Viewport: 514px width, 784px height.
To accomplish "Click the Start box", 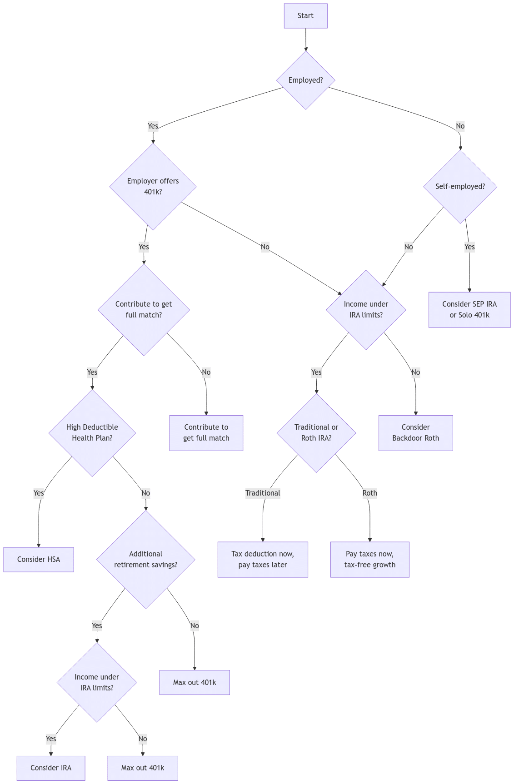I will pos(305,16).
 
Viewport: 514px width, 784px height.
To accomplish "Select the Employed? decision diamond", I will pos(305,80).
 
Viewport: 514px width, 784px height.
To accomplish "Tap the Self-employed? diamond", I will pos(460,186).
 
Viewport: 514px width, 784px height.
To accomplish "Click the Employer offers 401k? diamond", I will pos(153,186).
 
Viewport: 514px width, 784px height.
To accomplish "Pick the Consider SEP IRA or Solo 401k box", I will pos(469,309).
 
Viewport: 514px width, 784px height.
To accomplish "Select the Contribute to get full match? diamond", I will pos(144,309).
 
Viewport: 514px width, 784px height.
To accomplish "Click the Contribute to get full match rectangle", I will pos(206,432).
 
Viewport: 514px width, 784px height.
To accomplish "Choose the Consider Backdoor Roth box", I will pos(415,432).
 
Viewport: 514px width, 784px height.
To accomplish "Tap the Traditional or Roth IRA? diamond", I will pos(316,432).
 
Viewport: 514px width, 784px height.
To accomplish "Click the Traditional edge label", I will pos(263,493).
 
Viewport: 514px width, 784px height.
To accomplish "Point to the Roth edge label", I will pos(369,493).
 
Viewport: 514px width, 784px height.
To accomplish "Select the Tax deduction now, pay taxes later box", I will pos(262,559).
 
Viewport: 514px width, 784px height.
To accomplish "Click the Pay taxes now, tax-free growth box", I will pos(369,559).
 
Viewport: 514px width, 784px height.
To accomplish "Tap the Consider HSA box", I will pos(39,559).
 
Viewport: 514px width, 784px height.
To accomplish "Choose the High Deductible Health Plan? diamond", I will pos(92,432).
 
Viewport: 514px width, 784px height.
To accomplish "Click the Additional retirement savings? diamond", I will pos(145,559).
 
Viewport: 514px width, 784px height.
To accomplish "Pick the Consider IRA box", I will pos(51,768).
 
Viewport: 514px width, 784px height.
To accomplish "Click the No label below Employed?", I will pos(460,126).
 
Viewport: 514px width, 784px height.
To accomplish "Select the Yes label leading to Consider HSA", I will pos(39,493).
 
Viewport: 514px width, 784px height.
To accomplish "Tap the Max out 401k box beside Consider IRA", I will pos(142,768).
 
